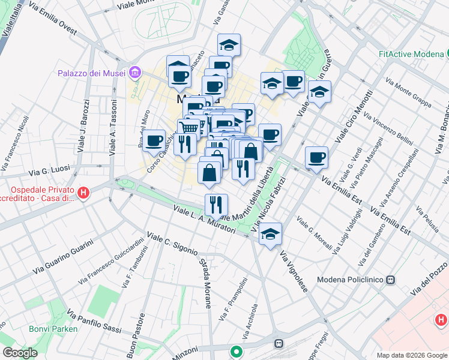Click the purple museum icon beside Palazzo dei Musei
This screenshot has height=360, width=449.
click(x=135, y=73)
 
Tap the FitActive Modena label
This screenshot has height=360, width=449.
click(x=411, y=54)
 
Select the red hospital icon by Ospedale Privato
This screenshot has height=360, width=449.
click(x=84, y=193)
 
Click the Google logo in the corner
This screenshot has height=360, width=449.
click(x=20, y=353)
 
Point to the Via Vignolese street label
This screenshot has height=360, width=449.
click(x=294, y=272)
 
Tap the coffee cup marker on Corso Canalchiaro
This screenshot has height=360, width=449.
click(x=154, y=141)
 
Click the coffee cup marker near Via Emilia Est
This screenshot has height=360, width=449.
click(x=316, y=157)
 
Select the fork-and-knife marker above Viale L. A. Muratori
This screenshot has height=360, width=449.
click(x=215, y=204)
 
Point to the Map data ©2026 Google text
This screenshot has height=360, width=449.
click(x=412, y=355)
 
